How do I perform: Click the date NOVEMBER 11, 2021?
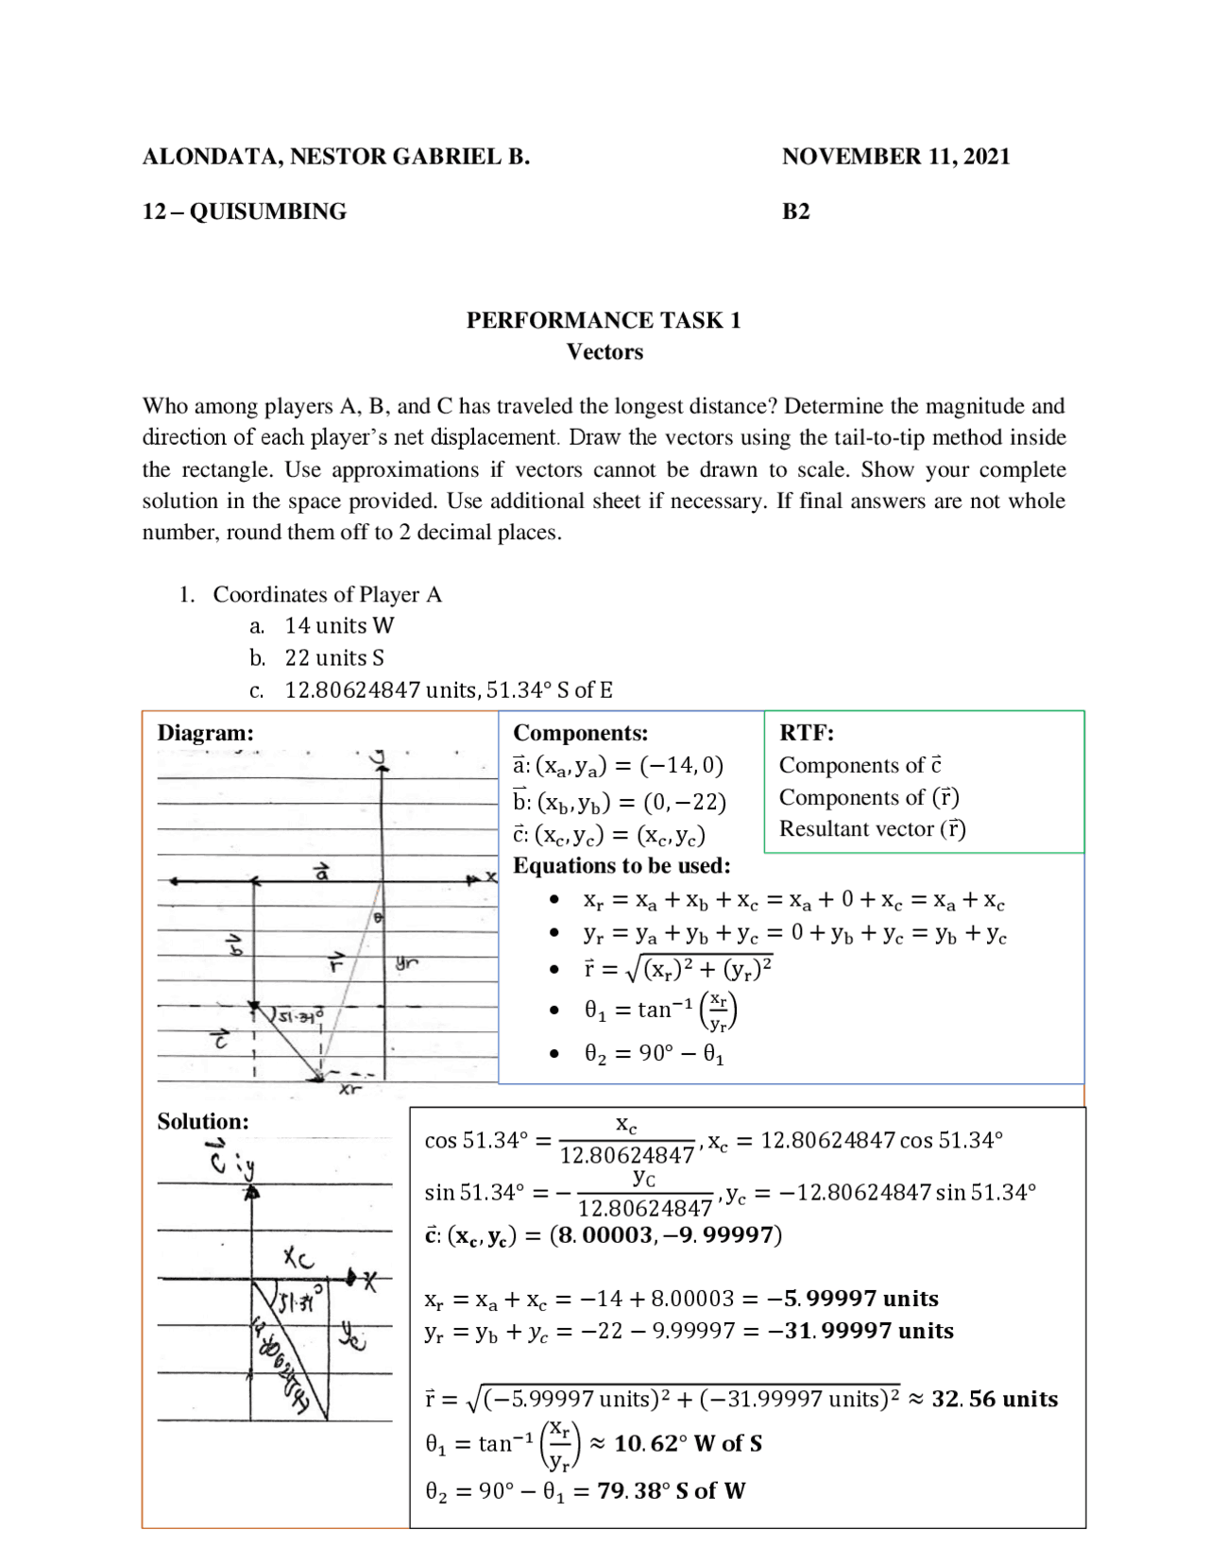click(x=894, y=157)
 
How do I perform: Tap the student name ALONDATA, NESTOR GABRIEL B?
click(x=335, y=157)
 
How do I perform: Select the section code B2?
click(x=795, y=212)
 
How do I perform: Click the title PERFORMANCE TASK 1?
click(x=603, y=320)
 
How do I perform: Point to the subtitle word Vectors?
click(x=604, y=352)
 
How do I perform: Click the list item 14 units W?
click(x=339, y=625)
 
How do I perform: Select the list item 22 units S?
click(x=334, y=657)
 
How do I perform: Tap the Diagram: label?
click(x=205, y=733)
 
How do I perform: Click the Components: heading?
click(x=580, y=733)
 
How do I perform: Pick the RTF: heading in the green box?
click(x=806, y=733)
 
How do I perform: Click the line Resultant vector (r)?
click(x=872, y=828)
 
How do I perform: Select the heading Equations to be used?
click(x=622, y=865)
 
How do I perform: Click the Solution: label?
click(x=203, y=1121)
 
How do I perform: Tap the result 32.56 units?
click(x=994, y=1399)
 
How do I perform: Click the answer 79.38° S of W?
click(x=671, y=1490)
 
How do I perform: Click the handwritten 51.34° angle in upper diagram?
click(x=299, y=1016)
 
